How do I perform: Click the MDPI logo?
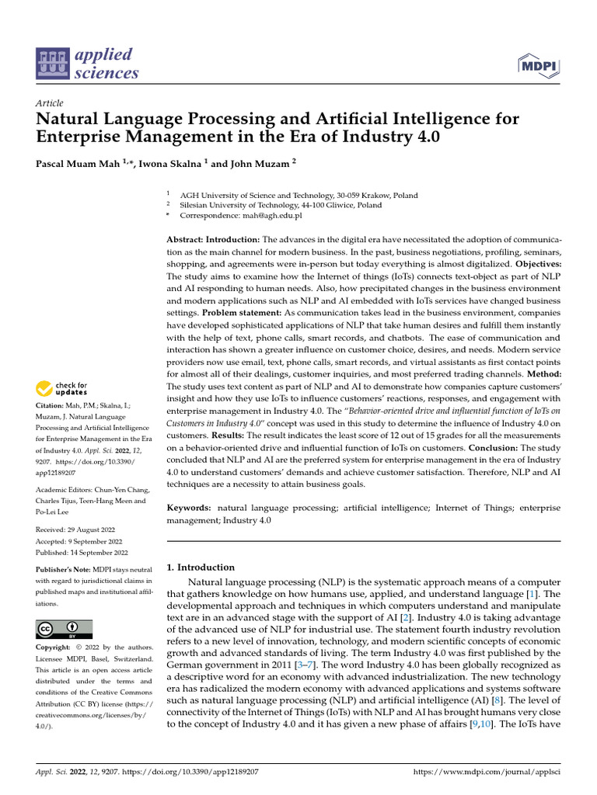click(x=537, y=67)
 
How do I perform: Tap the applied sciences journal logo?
click(x=87, y=64)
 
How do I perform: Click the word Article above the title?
click(x=50, y=103)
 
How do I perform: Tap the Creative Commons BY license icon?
click(x=65, y=629)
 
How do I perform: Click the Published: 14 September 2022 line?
click(x=82, y=553)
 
